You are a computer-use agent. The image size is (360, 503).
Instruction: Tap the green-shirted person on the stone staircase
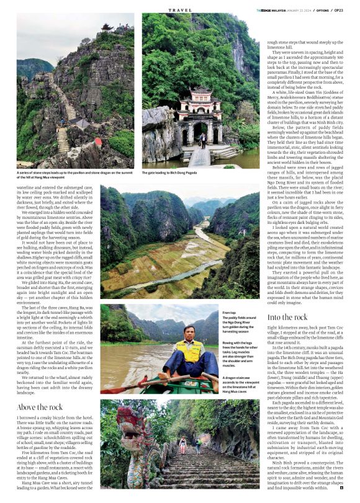[x=182, y=443]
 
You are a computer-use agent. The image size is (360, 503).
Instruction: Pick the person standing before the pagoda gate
[x=202, y=139]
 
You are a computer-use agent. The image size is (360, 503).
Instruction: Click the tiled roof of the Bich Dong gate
[x=202, y=94]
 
